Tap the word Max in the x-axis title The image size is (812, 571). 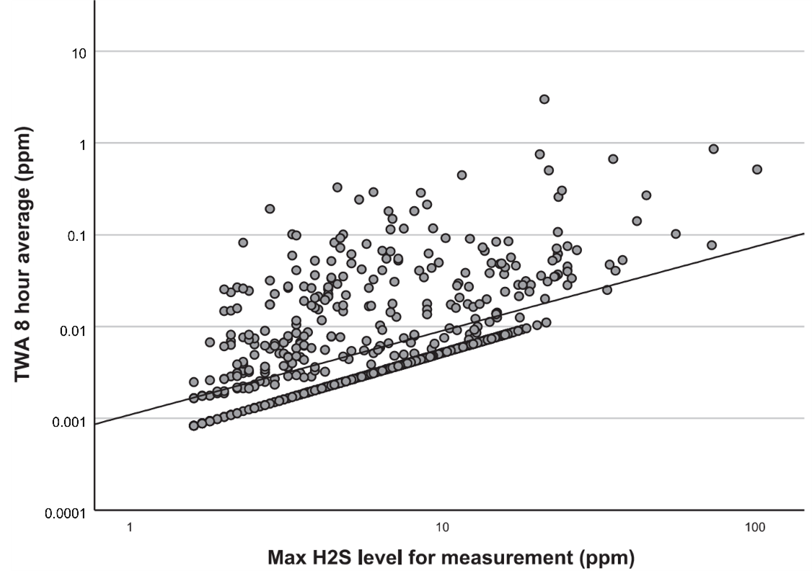pyautogui.click(x=285, y=558)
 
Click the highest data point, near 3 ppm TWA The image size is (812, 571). pyautogui.click(x=544, y=99)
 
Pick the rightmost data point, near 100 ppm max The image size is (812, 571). pyautogui.click(x=757, y=169)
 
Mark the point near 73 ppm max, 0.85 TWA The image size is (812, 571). pyautogui.click(x=713, y=149)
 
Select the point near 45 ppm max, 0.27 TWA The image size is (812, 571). pyautogui.click(x=646, y=195)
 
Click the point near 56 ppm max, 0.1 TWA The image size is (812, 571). pyautogui.click(x=676, y=234)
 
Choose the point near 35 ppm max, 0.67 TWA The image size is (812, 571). pyautogui.click(x=613, y=159)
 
